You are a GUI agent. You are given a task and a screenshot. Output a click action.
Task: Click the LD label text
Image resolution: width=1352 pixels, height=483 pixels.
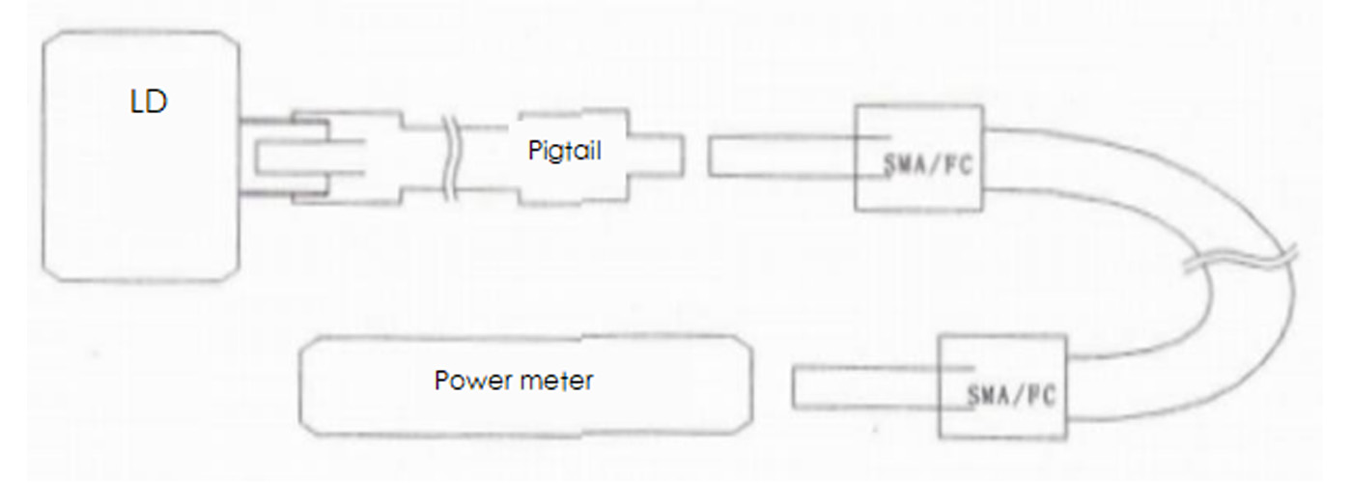pyautogui.click(x=149, y=102)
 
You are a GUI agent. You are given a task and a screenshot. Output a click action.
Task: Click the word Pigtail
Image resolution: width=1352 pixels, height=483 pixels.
pyautogui.click(x=566, y=152)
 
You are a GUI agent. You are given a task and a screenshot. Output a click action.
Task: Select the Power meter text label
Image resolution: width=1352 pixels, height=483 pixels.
pyautogui.click(x=514, y=380)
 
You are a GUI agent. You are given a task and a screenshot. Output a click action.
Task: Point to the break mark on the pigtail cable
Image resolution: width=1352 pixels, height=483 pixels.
pyautogui.click(x=451, y=158)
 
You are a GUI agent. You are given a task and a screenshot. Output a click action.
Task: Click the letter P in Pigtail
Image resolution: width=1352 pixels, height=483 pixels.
pyautogui.click(x=534, y=151)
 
